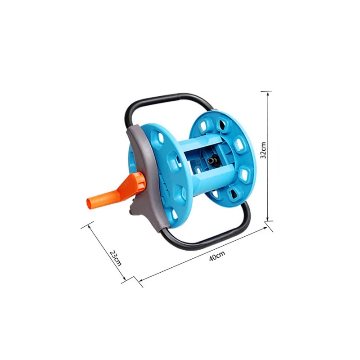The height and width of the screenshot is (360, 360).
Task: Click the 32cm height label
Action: (x=263, y=150)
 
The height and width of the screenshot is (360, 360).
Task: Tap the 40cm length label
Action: (x=217, y=256)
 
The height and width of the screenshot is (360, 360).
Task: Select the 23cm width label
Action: (x=116, y=258)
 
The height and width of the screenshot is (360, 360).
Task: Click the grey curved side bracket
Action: (x=147, y=175)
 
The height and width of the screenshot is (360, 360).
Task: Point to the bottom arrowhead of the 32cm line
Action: (x=267, y=220)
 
